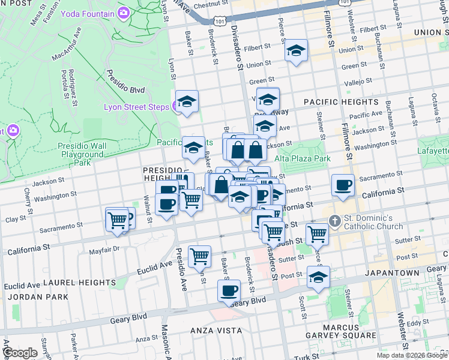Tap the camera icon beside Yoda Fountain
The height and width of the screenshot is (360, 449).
pos(124,12)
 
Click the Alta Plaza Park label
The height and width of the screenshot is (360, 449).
pos(303,158)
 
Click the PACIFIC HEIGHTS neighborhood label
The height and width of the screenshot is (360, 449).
pos(341,102)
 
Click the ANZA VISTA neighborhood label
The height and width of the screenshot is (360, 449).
pos(216,331)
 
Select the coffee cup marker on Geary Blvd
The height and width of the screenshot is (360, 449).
pos(228,291)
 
